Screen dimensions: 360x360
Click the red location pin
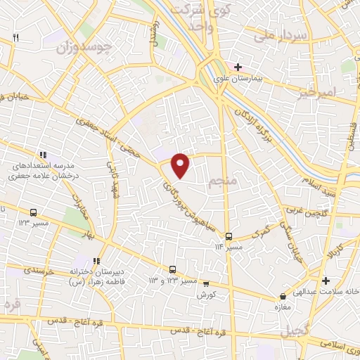coord(181,164)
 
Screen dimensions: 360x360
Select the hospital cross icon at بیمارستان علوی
coord(238,67)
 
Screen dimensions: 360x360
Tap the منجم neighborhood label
coord(221,183)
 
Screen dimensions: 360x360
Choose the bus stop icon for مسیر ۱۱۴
coord(229,236)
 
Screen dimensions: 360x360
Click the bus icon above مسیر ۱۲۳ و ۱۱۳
coord(172,269)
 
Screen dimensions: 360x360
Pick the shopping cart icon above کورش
coord(205,284)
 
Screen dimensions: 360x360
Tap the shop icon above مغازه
coord(282,297)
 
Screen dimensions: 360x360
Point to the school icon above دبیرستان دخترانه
coord(96,260)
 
